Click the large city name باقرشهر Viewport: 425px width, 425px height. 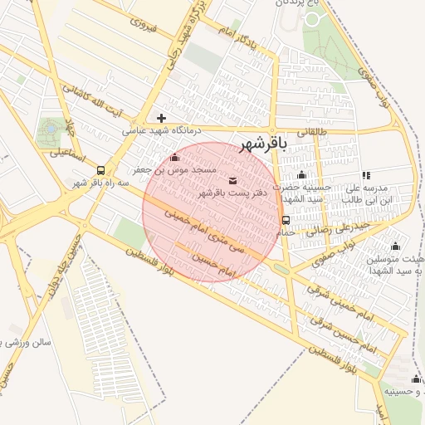263,144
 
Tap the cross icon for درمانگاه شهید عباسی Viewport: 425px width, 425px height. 162,118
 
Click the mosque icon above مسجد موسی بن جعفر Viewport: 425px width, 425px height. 174,158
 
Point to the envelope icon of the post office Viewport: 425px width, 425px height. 232,181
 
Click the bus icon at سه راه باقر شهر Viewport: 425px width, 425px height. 101,169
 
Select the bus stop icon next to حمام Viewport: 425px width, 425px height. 286,220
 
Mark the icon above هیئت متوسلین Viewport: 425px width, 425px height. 395,246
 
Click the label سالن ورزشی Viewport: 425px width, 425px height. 29,341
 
